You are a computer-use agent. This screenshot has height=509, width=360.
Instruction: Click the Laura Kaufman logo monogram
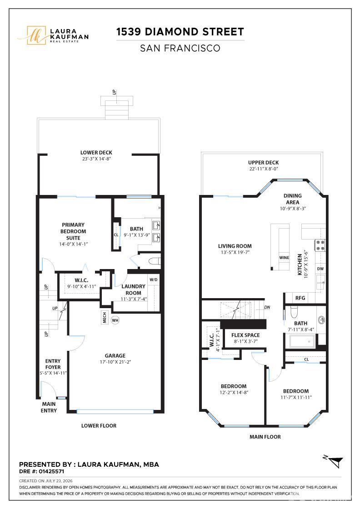(36, 35)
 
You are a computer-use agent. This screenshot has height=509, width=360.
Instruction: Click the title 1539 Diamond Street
(180, 32)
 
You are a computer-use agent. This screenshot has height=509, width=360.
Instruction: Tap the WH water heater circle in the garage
(115, 320)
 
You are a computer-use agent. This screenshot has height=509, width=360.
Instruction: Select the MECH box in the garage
(104, 318)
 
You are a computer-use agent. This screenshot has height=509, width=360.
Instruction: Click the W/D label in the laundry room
(154, 279)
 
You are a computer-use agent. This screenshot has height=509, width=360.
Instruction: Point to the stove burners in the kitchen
(320, 245)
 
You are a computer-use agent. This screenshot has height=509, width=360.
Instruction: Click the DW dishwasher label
(320, 269)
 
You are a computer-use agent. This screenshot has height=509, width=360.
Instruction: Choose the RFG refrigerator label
(300, 298)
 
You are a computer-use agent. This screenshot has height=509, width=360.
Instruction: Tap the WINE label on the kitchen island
(284, 258)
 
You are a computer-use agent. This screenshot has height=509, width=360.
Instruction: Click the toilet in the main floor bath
(294, 312)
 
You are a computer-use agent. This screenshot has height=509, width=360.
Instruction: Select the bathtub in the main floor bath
(302, 341)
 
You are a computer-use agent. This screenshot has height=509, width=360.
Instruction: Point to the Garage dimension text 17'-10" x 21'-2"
(115, 362)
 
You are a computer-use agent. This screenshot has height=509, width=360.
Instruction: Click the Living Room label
(235, 246)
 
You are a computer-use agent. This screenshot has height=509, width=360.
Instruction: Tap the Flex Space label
(245, 335)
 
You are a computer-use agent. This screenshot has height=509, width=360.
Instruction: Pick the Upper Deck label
(263, 162)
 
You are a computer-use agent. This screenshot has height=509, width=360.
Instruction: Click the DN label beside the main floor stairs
(267, 307)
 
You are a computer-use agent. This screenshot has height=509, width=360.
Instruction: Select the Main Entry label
(49, 407)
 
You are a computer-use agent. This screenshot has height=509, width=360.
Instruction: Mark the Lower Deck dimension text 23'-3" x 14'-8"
(96, 159)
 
